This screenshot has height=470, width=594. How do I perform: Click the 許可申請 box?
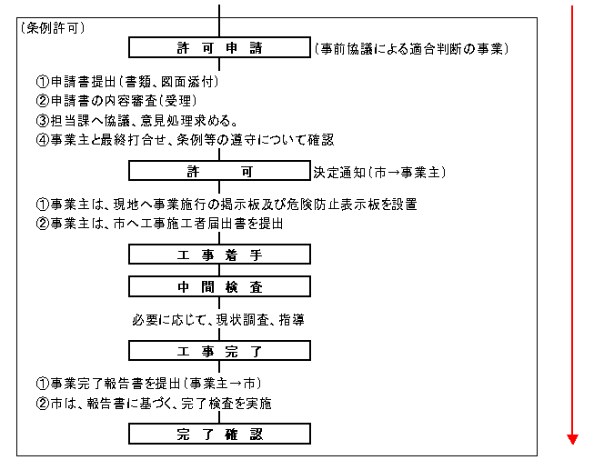pyautogui.click(x=219, y=47)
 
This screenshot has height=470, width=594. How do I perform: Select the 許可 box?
pyautogui.click(x=219, y=171)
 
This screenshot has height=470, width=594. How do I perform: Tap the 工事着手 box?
pyautogui.click(x=219, y=255)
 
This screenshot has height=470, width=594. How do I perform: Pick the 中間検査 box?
pyautogui.click(x=219, y=287)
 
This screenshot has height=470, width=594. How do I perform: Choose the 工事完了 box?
pyautogui.click(x=219, y=350)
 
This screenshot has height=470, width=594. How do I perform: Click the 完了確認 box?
pyautogui.click(x=219, y=435)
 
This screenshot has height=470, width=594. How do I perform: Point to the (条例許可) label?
pyautogui.click(x=53, y=28)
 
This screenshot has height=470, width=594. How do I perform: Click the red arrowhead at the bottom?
pyautogui.click(x=571, y=439)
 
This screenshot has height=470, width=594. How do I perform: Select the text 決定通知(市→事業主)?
pyautogui.click(x=380, y=171)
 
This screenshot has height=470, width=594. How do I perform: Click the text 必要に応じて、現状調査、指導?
pyautogui.click(x=218, y=320)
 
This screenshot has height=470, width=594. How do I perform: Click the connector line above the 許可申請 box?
pyautogui.click(x=219, y=16)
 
